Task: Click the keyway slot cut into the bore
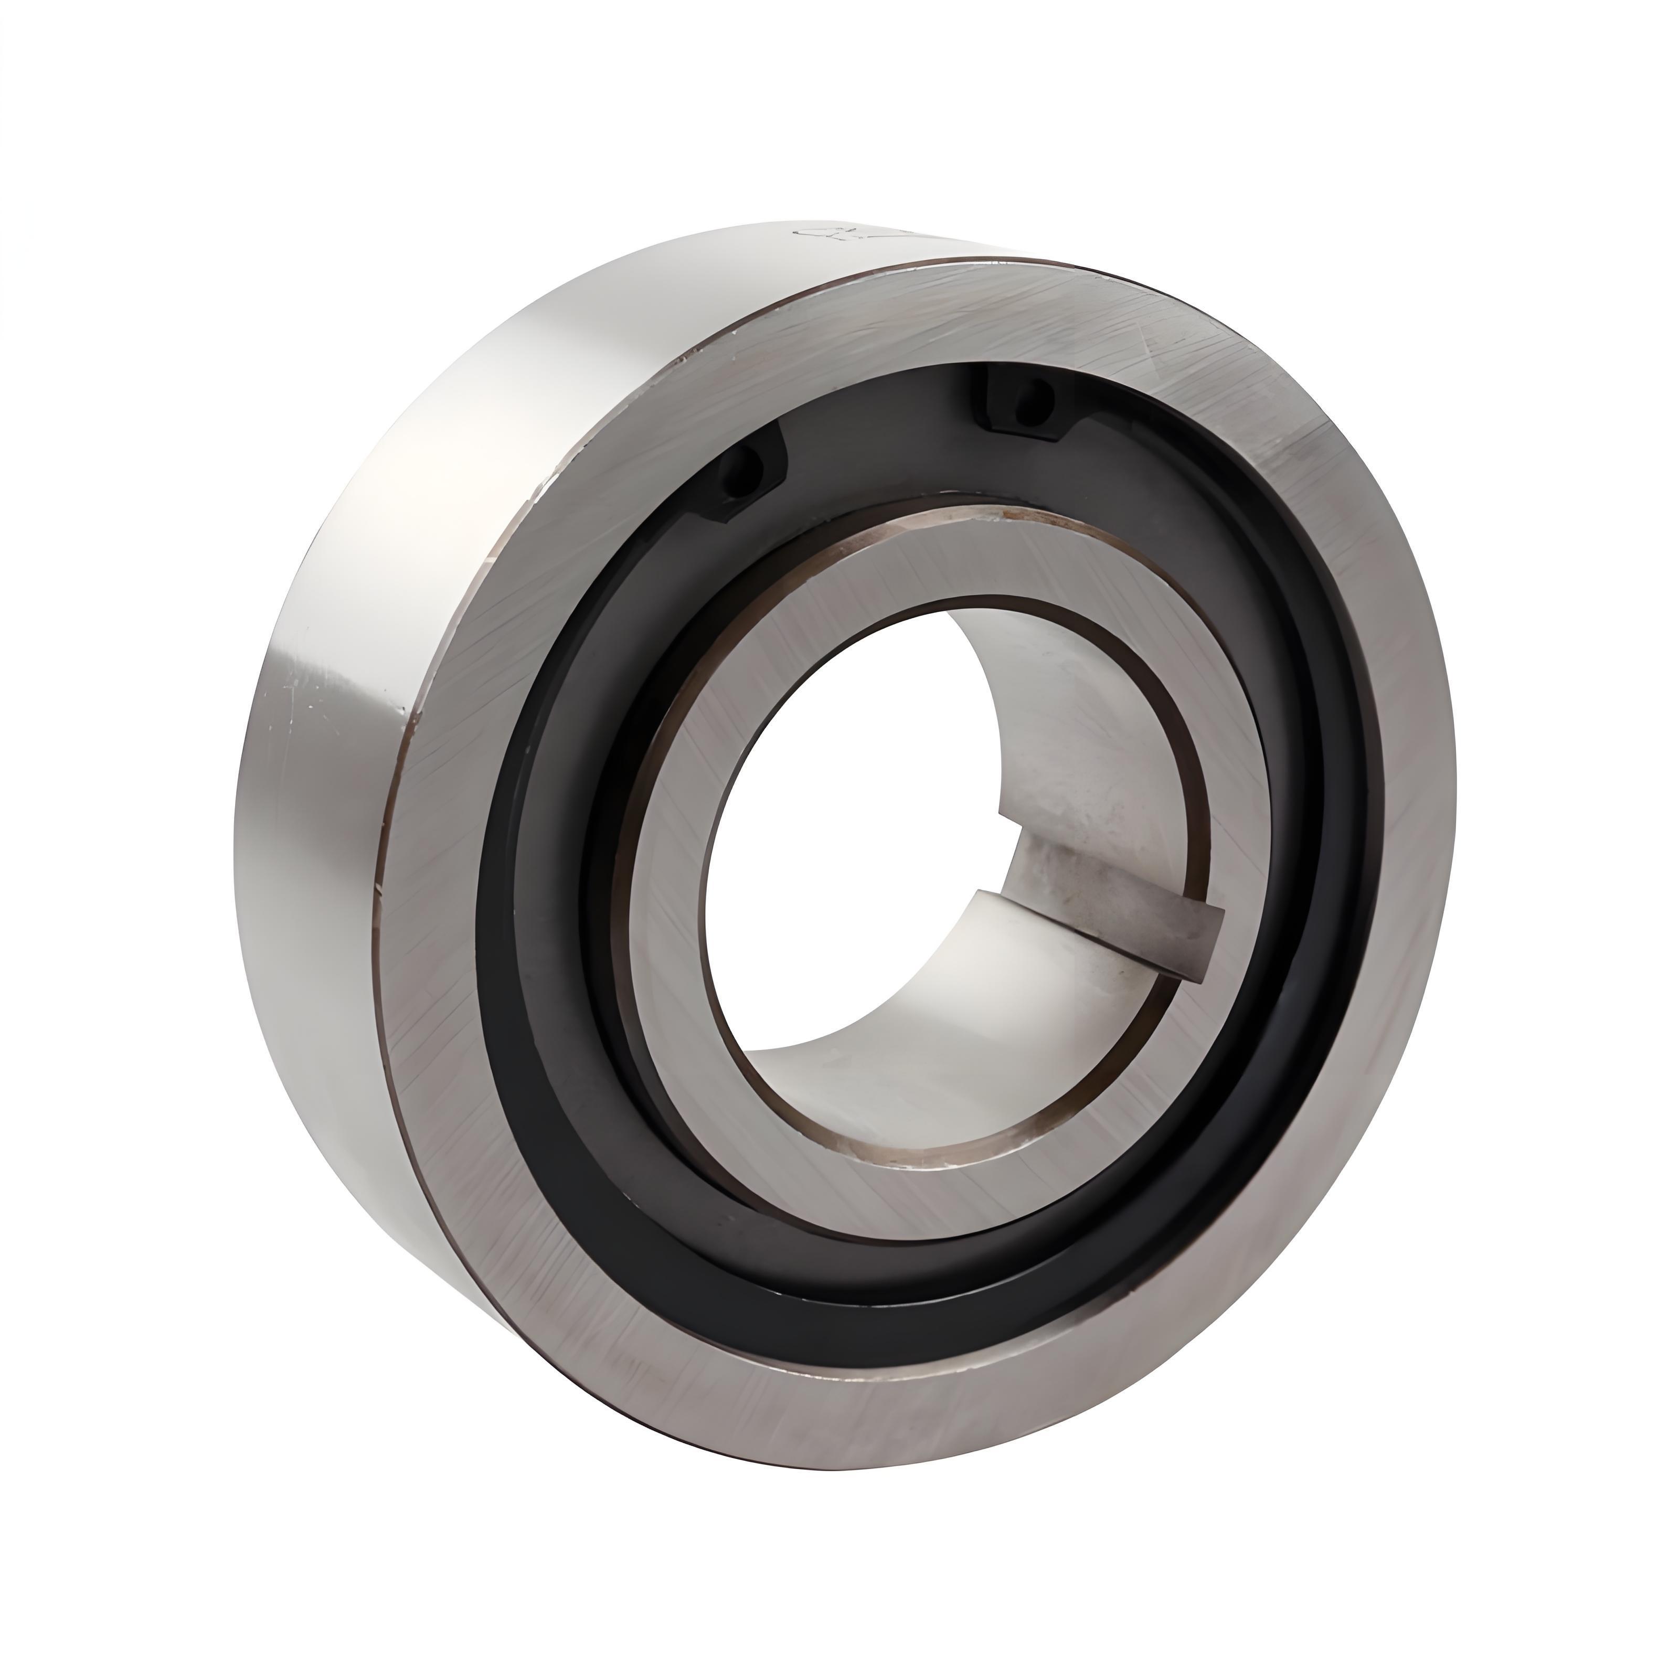(x=1121, y=904)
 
